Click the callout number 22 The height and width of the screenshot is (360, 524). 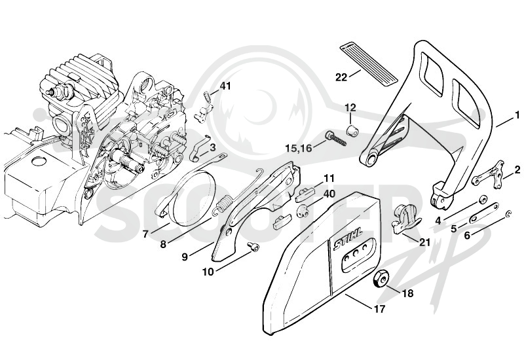click(x=341, y=77)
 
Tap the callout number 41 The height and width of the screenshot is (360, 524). click(x=225, y=86)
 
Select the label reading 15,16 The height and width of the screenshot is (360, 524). click(x=299, y=148)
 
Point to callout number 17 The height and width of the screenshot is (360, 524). click(x=380, y=309)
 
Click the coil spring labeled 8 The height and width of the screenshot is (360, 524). click(x=222, y=205)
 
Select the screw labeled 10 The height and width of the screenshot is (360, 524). click(x=253, y=247)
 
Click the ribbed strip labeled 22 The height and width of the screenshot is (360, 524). click(x=369, y=62)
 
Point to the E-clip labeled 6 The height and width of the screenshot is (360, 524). click(x=508, y=214)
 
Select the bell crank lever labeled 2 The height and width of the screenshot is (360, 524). click(x=489, y=174)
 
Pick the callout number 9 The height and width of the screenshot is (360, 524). click(x=185, y=257)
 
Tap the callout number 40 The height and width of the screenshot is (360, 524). click(x=329, y=194)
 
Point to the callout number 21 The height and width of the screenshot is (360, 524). click(x=424, y=242)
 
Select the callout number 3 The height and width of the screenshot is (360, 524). click(x=213, y=147)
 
